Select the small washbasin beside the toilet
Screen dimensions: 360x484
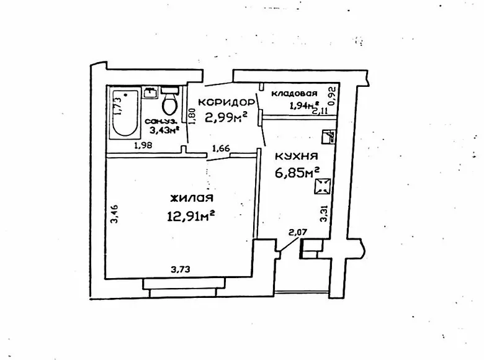pyautogui.click(x=150, y=92)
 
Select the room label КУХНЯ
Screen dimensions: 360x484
pyautogui.click(x=297, y=156)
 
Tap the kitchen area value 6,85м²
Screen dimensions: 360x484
pyautogui.click(x=297, y=171)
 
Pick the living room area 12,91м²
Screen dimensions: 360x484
pyautogui.click(x=191, y=215)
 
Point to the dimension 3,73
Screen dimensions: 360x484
pyautogui.click(x=181, y=269)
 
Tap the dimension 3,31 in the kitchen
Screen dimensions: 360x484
pyautogui.click(x=323, y=213)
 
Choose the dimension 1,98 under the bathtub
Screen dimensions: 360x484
pyautogui.click(x=144, y=146)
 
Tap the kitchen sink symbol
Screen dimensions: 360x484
pyautogui.click(x=329, y=138)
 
